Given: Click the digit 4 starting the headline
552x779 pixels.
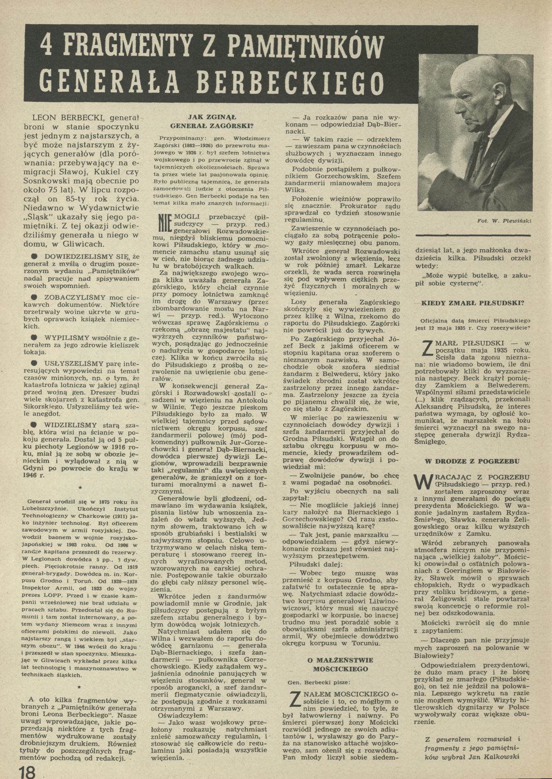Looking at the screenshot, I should coord(46,46).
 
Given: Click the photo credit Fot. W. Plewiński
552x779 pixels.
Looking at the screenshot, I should coord(504,221).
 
